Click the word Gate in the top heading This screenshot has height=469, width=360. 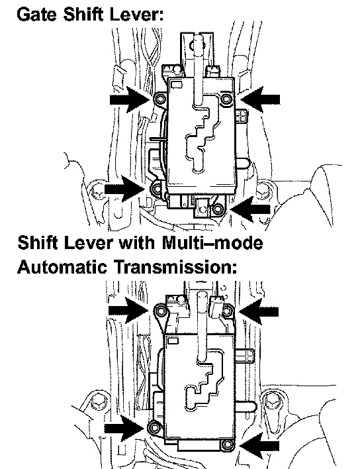pyautogui.click(x=37, y=14)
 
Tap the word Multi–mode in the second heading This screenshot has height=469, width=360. pyautogui.click(x=212, y=242)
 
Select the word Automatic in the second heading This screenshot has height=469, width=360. pyautogui.click(x=62, y=266)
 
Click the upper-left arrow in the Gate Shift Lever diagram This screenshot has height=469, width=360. pyautogui.click(x=130, y=99)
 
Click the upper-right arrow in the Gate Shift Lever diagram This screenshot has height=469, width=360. pyautogui.click(x=260, y=99)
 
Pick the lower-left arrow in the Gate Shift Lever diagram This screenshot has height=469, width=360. pyautogui.click(x=125, y=189)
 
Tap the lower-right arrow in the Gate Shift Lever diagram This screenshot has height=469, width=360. pyautogui.click(x=251, y=209)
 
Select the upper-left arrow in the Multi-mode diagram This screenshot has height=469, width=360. pyautogui.click(x=128, y=310)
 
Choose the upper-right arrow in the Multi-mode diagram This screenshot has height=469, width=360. pyautogui.click(x=259, y=311)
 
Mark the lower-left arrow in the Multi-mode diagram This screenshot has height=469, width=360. pyautogui.click(x=124, y=429)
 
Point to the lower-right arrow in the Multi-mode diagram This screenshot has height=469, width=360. pyautogui.click(x=259, y=446)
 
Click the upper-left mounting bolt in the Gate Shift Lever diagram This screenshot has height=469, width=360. pyautogui.click(x=160, y=99)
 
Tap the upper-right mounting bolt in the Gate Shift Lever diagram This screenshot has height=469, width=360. pyautogui.click(x=226, y=98)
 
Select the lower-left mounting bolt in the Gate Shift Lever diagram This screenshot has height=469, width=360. pyautogui.click(x=157, y=189)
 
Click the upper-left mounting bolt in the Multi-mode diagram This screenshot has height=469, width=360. pyautogui.click(x=161, y=311)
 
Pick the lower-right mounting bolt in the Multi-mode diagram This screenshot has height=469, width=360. pyautogui.click(x=227, y=444)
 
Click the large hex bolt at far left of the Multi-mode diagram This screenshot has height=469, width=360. pyautogui.click(x=98, y=401)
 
